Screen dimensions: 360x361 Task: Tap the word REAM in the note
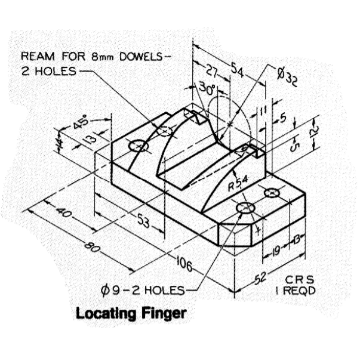tap(35, 57)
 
